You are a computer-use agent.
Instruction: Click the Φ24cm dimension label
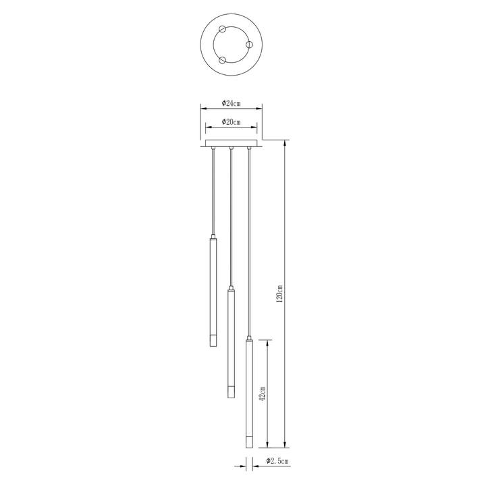tap(232, 103)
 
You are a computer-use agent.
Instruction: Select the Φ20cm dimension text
tap(232, 122)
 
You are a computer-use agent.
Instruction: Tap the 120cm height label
tap(280, 294)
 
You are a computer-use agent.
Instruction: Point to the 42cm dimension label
tap(262, 394)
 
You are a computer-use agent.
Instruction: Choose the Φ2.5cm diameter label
tap(277, 461)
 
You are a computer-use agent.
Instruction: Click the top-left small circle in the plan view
tap(222, 29)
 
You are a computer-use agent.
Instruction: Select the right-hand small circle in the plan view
tap(250, 45)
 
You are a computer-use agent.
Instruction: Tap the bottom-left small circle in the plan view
tap(222, 60)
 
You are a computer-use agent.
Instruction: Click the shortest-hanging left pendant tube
tap(213, 292)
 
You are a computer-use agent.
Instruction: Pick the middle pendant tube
tap(231, 344)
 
